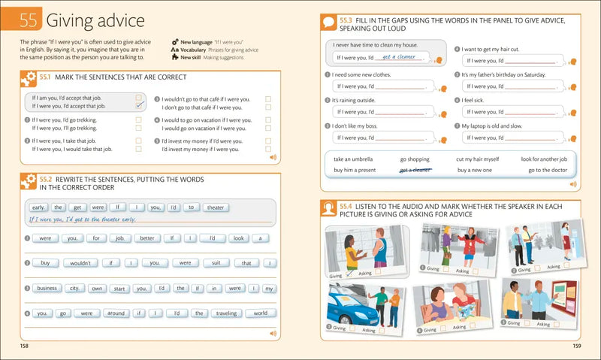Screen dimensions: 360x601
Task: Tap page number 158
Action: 25,346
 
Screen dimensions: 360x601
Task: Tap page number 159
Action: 576,346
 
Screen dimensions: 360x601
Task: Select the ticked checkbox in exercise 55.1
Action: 139,106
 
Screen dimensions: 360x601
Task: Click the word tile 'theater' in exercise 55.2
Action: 215,207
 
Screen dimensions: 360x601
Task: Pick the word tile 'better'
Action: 146,238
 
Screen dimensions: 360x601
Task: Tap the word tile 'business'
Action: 47,288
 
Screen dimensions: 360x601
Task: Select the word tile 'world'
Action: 260,313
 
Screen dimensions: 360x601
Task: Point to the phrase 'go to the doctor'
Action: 547,171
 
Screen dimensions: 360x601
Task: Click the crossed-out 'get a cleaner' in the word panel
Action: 415,171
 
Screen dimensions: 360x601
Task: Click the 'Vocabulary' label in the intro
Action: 195,49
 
